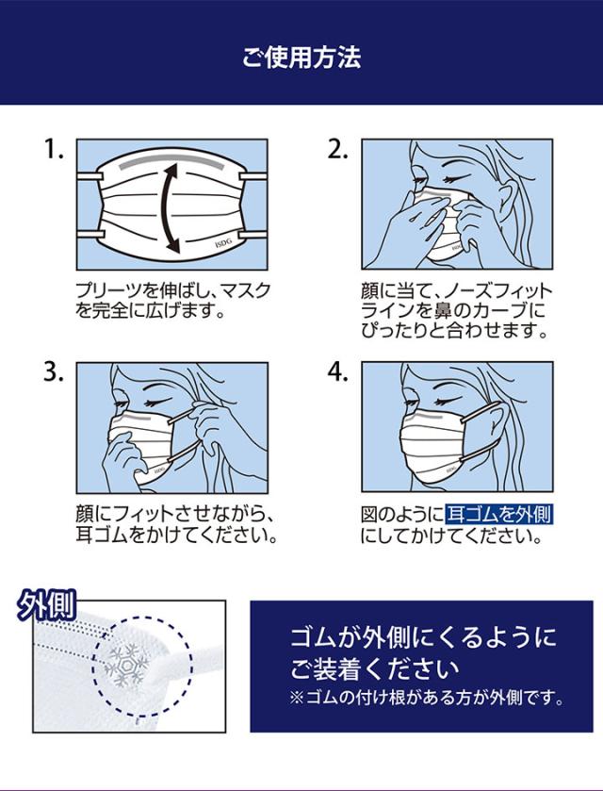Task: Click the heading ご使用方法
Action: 301,57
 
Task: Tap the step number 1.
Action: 54,149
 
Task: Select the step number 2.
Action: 338,149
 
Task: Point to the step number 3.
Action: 54,372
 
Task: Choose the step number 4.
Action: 338,372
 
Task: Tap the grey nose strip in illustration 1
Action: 171,163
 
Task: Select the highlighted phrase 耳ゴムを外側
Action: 499,515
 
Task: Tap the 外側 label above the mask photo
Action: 46,604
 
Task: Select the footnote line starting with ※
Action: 427,699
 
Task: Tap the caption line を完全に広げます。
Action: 150,311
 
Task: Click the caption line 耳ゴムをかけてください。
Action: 176,535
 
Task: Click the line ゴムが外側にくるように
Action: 423,637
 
